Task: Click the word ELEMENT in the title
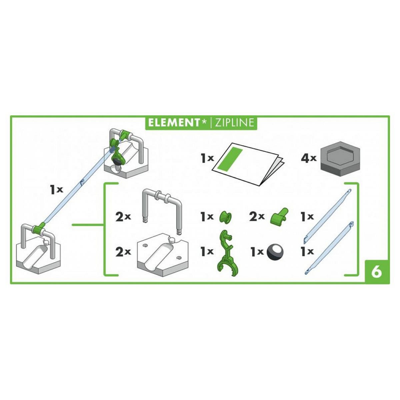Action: pos(173,123)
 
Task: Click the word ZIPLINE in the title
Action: pos(234,123)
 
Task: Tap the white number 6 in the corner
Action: pos(376,272)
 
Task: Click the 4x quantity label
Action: pos(308,159)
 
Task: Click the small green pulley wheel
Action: pos(225,218)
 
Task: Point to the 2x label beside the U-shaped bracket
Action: pos(123,217)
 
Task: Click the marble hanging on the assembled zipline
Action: pos(117,161)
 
